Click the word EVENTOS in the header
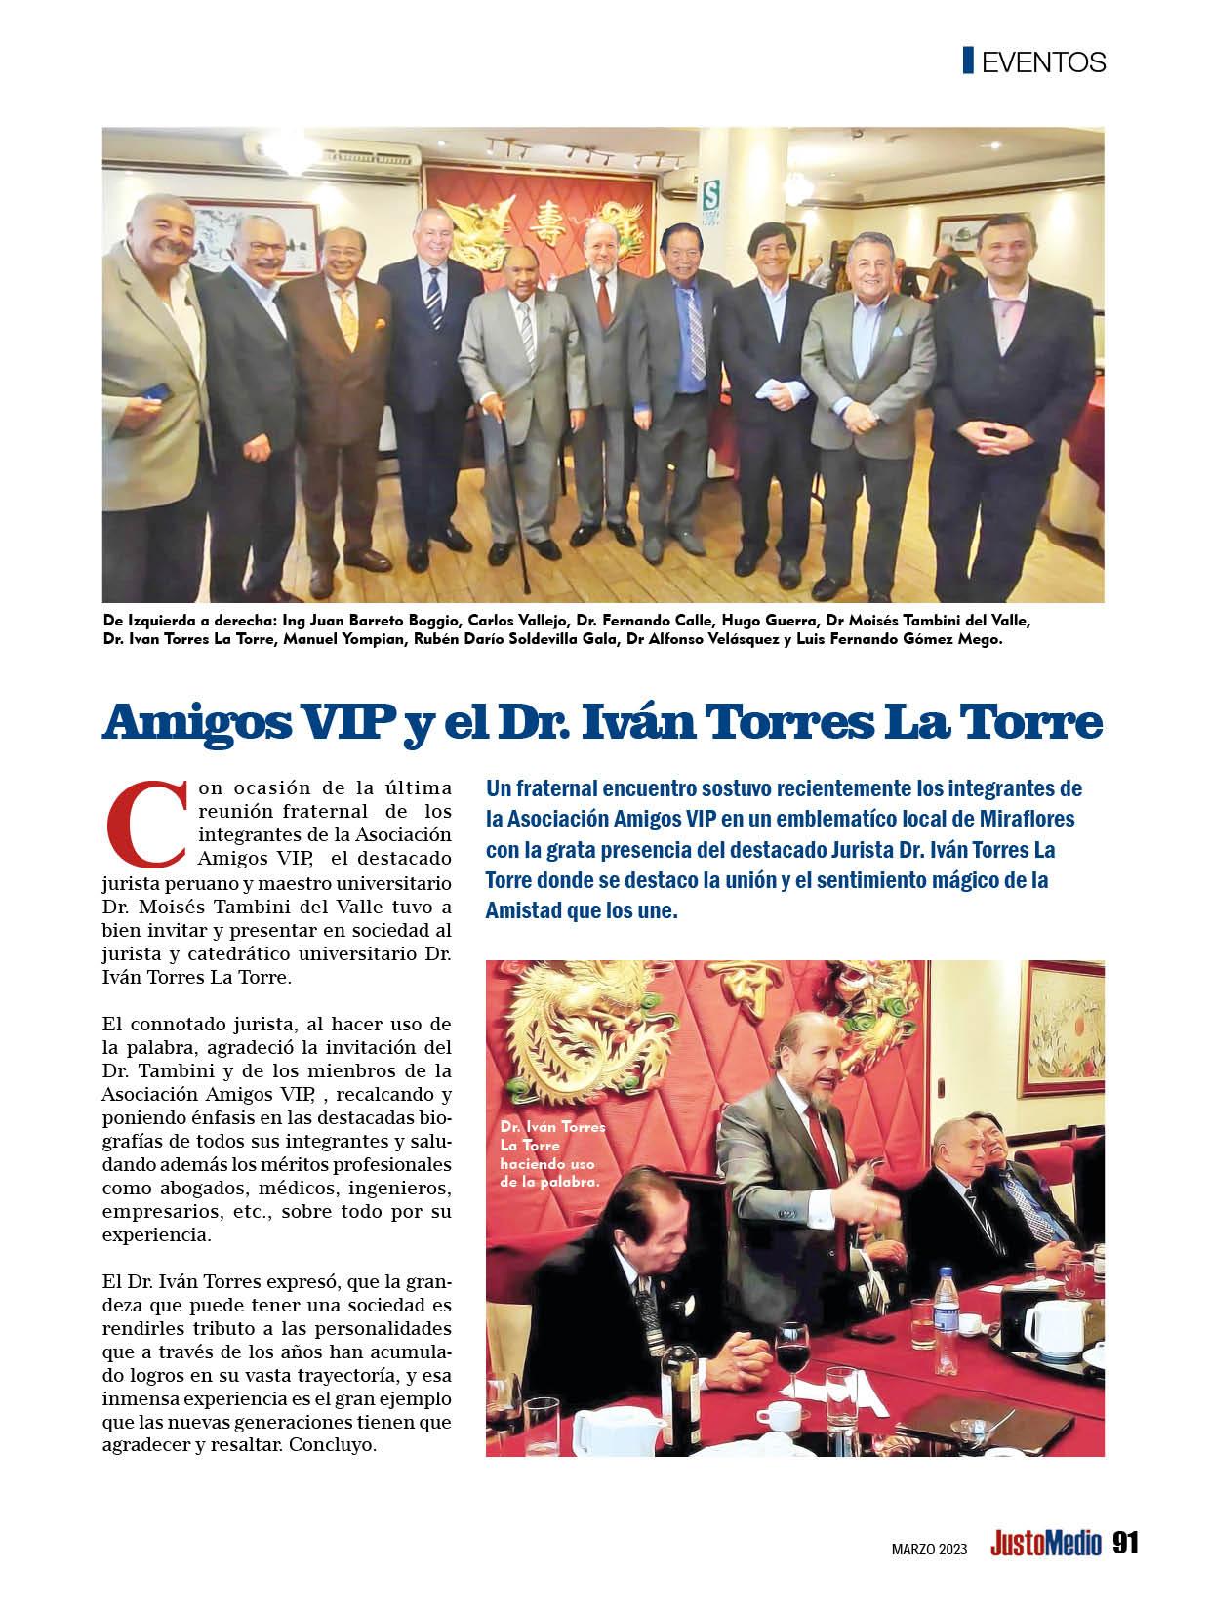click(1043, 62)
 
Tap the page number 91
click(1125, 1543)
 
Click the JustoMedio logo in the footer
click(1045, 1544)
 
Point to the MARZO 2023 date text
click(929, 1547)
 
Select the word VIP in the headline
click(326, 723)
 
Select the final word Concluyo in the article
click(333, 1444)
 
